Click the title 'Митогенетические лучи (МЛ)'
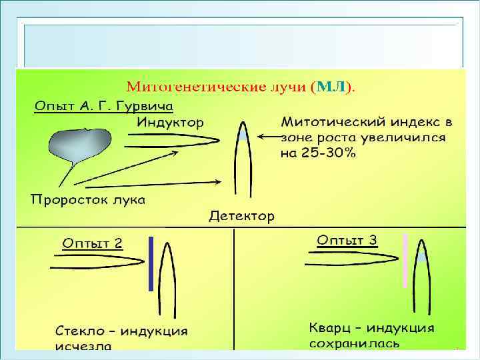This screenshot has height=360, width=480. tap(240, 86)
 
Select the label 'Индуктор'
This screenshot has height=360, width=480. tap(171, 122)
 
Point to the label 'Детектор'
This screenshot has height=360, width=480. tap(241, 216)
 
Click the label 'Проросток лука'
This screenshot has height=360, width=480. tap(87, 200)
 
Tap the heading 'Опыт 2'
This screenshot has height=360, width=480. tap(92, 243)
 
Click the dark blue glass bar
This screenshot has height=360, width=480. tap(151, 264)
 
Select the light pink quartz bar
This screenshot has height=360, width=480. tap(405, 261)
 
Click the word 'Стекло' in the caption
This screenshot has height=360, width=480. tap(79, 331)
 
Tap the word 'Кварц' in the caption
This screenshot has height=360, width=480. tap(331, 328)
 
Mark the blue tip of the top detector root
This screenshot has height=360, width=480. tap(243, 134)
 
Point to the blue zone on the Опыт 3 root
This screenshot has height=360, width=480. tap(421, 256)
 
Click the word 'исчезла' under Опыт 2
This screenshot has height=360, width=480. tap(83, 346)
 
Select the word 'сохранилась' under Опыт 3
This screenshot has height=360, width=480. tap(354, 343)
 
